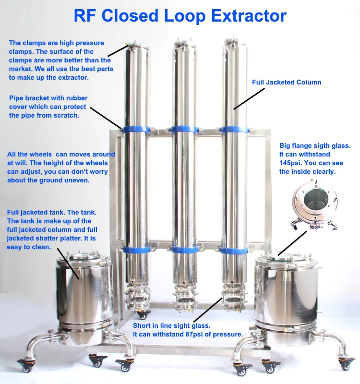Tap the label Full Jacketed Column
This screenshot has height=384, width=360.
tap(287, 83)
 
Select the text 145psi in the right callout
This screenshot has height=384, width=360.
tap(291, 163)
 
